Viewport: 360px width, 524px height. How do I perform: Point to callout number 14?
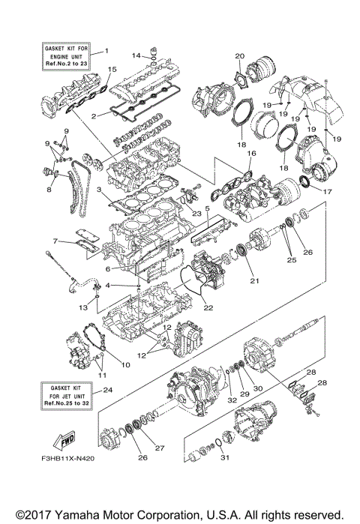point(136,55)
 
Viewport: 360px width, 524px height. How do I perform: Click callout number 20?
point(240,56)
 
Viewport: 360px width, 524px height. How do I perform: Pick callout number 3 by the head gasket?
point(98,191)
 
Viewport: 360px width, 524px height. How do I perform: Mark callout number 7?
point(56,241)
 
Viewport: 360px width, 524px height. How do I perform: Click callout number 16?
point(250,153)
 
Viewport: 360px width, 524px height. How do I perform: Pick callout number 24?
point(107,390)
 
